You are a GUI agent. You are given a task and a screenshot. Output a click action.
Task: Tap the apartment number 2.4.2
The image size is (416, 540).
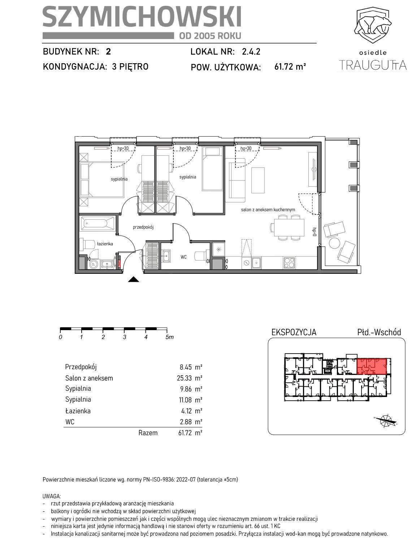pyautogui.click(x=251, y=52)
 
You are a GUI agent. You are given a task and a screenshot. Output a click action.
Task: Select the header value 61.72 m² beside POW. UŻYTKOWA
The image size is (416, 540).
pyautogui.click(x=290, y=66)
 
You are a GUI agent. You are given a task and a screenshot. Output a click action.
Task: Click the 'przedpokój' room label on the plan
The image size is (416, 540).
pyautogui.click(x=143, y=227)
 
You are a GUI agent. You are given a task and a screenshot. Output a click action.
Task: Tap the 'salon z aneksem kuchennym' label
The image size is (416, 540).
pyautogui.click(x=268, y=209)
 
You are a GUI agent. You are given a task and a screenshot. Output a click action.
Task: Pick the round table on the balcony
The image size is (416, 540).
pyautogui.click(x=334, y=243)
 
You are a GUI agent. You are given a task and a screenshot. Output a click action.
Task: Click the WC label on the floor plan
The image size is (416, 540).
pyautogui.click(x=183, y=257)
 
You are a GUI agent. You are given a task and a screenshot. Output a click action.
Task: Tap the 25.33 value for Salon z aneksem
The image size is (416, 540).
pyautogui.click(x=184, y=378)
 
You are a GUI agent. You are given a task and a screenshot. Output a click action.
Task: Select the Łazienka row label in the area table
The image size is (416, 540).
pyautogui.click(x=78, y=411)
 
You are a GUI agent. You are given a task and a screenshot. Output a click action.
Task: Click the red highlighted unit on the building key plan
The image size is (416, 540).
pyautogui.click(x=372, y=366)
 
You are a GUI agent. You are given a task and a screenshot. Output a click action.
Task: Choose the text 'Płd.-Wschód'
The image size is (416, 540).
pyautogui.click(x=379, y=332)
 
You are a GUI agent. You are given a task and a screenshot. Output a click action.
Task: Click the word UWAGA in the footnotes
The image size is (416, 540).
pyautogui.click(x=52, y=496)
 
